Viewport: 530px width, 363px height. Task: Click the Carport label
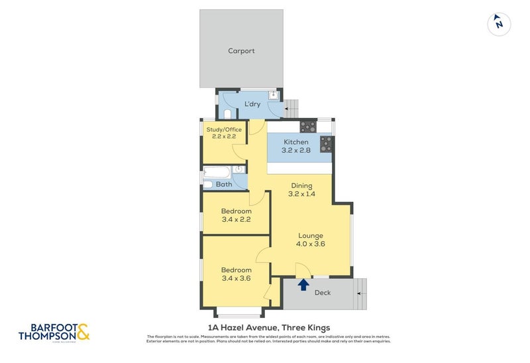click(x=241, y=51)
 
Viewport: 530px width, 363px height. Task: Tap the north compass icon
click(x=499, y=24)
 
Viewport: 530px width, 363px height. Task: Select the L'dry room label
click(x=252, y=104)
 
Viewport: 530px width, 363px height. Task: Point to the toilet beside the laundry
click(x=228, y=113)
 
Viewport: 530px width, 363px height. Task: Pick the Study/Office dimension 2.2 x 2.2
click(x=224, y=136)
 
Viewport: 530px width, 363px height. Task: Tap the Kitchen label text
click(x=296, y=142)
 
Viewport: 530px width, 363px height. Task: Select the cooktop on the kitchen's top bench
click(x=307, y=126)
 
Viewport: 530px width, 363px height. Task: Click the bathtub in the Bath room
click(x=215, y=174)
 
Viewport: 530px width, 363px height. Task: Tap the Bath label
click(x=224, y=184)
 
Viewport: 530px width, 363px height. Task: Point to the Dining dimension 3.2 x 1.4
click(x=301, y=194)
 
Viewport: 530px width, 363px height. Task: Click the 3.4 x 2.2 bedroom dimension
click(x=235, y=219)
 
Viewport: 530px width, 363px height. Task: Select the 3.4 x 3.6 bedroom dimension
click(x=235, y=278)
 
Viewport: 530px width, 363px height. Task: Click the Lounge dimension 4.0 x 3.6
click(x=310, y=244)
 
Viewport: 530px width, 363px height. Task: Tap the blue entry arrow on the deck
click(x=303, y=285)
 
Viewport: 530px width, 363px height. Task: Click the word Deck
click(x=323, y=293)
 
